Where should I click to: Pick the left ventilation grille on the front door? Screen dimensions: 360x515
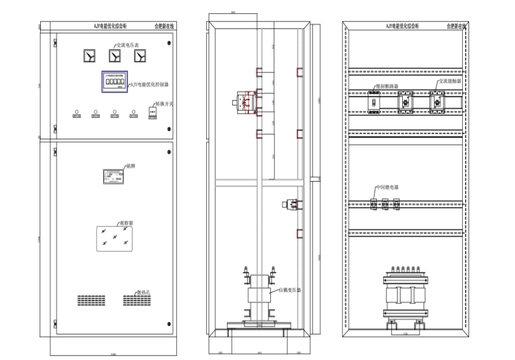pos(91,299)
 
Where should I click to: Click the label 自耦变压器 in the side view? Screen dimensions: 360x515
pos(289,290)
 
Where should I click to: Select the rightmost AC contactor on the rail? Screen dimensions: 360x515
pos(436,103)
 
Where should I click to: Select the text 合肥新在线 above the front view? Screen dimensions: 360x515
pos(165,26)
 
